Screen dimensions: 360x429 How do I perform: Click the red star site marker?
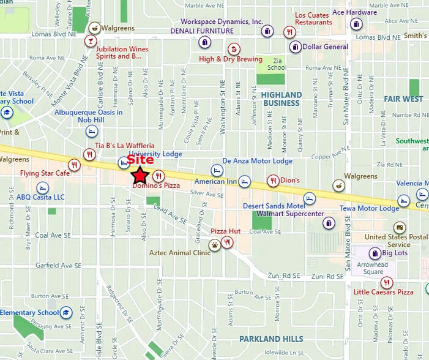tap(140, 176)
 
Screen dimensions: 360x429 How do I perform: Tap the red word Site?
tap(140, 160)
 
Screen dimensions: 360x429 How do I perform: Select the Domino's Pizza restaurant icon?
tap(159, 176)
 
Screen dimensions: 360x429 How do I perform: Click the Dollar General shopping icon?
tap(296, 47)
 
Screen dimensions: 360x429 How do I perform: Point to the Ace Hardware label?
tap(354, 12)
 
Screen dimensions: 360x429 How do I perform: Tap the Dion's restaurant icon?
tap(273, 181)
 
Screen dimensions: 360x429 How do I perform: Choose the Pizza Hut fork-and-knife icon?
tap(228, 242)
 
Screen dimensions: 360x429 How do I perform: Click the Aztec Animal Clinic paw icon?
tap(215, 246)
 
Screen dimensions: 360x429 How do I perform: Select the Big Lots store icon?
tap(375, 253)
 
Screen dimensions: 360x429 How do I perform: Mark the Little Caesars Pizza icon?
tap(386, 282)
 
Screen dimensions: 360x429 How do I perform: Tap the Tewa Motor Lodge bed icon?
tap(403, 201)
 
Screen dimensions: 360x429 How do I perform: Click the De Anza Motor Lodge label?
tap(257, 161)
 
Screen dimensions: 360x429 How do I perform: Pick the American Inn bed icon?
tap(245, 181)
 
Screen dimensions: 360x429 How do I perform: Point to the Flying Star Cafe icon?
tap(74, 165)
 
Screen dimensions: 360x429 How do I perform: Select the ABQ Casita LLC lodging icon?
tap(42, 187)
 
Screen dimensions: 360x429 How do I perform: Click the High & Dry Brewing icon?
tap(233, 49)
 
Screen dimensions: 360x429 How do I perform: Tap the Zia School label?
tap(277, 64)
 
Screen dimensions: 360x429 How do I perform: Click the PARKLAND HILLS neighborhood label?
tap(271, 339)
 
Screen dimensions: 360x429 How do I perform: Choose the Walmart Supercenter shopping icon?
tap(329, 223)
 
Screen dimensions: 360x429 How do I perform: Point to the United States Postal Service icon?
tap(399, 227)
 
